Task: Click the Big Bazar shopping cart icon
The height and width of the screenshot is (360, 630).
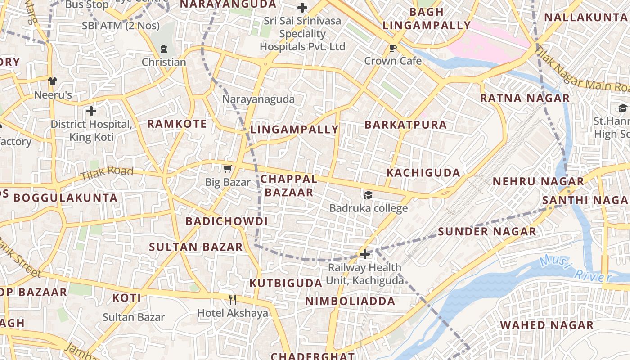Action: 227,169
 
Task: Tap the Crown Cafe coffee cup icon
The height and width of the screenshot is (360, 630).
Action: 393,48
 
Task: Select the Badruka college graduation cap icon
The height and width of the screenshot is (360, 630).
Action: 369,195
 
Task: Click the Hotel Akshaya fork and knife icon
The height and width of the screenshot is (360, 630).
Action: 233,300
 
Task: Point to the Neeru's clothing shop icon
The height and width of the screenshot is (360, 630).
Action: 53,81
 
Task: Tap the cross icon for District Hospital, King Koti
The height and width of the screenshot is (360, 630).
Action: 91,111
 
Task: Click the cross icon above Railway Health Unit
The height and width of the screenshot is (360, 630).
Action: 365,254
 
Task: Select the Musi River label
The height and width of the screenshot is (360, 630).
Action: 576,269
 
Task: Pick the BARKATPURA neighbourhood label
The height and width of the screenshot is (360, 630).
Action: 405,125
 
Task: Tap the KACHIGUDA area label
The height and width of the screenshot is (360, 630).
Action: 423,173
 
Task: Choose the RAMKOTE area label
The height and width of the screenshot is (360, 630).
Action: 177,124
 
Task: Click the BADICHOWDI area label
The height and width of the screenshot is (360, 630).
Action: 226,221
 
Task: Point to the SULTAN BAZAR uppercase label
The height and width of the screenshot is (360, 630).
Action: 196,247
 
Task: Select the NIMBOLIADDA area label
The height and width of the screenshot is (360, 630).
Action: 351,301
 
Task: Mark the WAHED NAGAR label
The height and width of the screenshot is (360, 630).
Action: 547,325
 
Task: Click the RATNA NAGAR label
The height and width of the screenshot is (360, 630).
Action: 525,98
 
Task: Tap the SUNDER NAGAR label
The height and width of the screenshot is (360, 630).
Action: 487,232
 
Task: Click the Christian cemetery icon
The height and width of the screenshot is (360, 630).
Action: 163,49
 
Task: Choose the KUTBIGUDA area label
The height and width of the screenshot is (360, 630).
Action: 286,283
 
